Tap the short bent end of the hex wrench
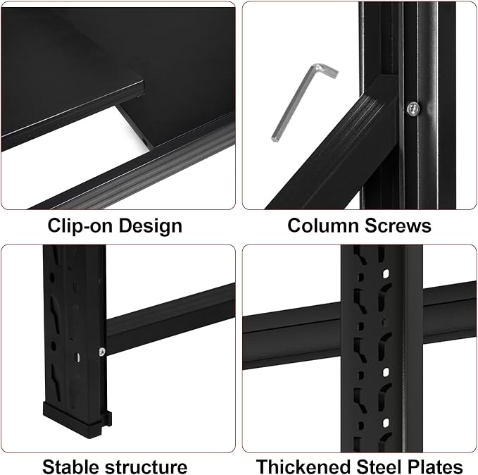[328, 71]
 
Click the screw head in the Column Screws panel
[413, 108]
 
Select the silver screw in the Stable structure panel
[102, 352]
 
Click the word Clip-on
[80, 226]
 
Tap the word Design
[150, 226]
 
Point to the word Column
[323, 226]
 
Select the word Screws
[398, 226]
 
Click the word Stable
[71, 467]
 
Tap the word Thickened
[303, 467]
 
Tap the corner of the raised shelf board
[143, 82]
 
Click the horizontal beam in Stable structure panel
[170, 319]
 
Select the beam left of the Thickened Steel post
[292, 335]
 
